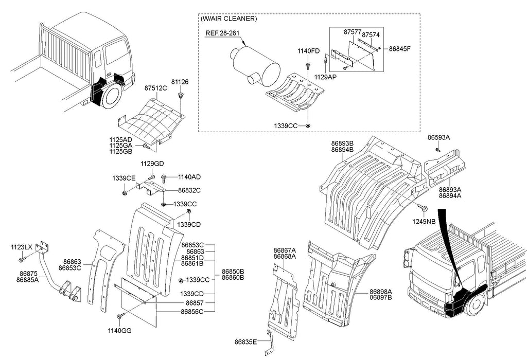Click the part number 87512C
155,88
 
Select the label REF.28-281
222,33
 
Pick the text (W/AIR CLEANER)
229,19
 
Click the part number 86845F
399,49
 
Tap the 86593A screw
437,149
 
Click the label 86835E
245,342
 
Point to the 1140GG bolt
120,316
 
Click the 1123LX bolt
22,260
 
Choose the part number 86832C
189,190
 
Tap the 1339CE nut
125,193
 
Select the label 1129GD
152,164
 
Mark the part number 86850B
233,272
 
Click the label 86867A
285,250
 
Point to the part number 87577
352,32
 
